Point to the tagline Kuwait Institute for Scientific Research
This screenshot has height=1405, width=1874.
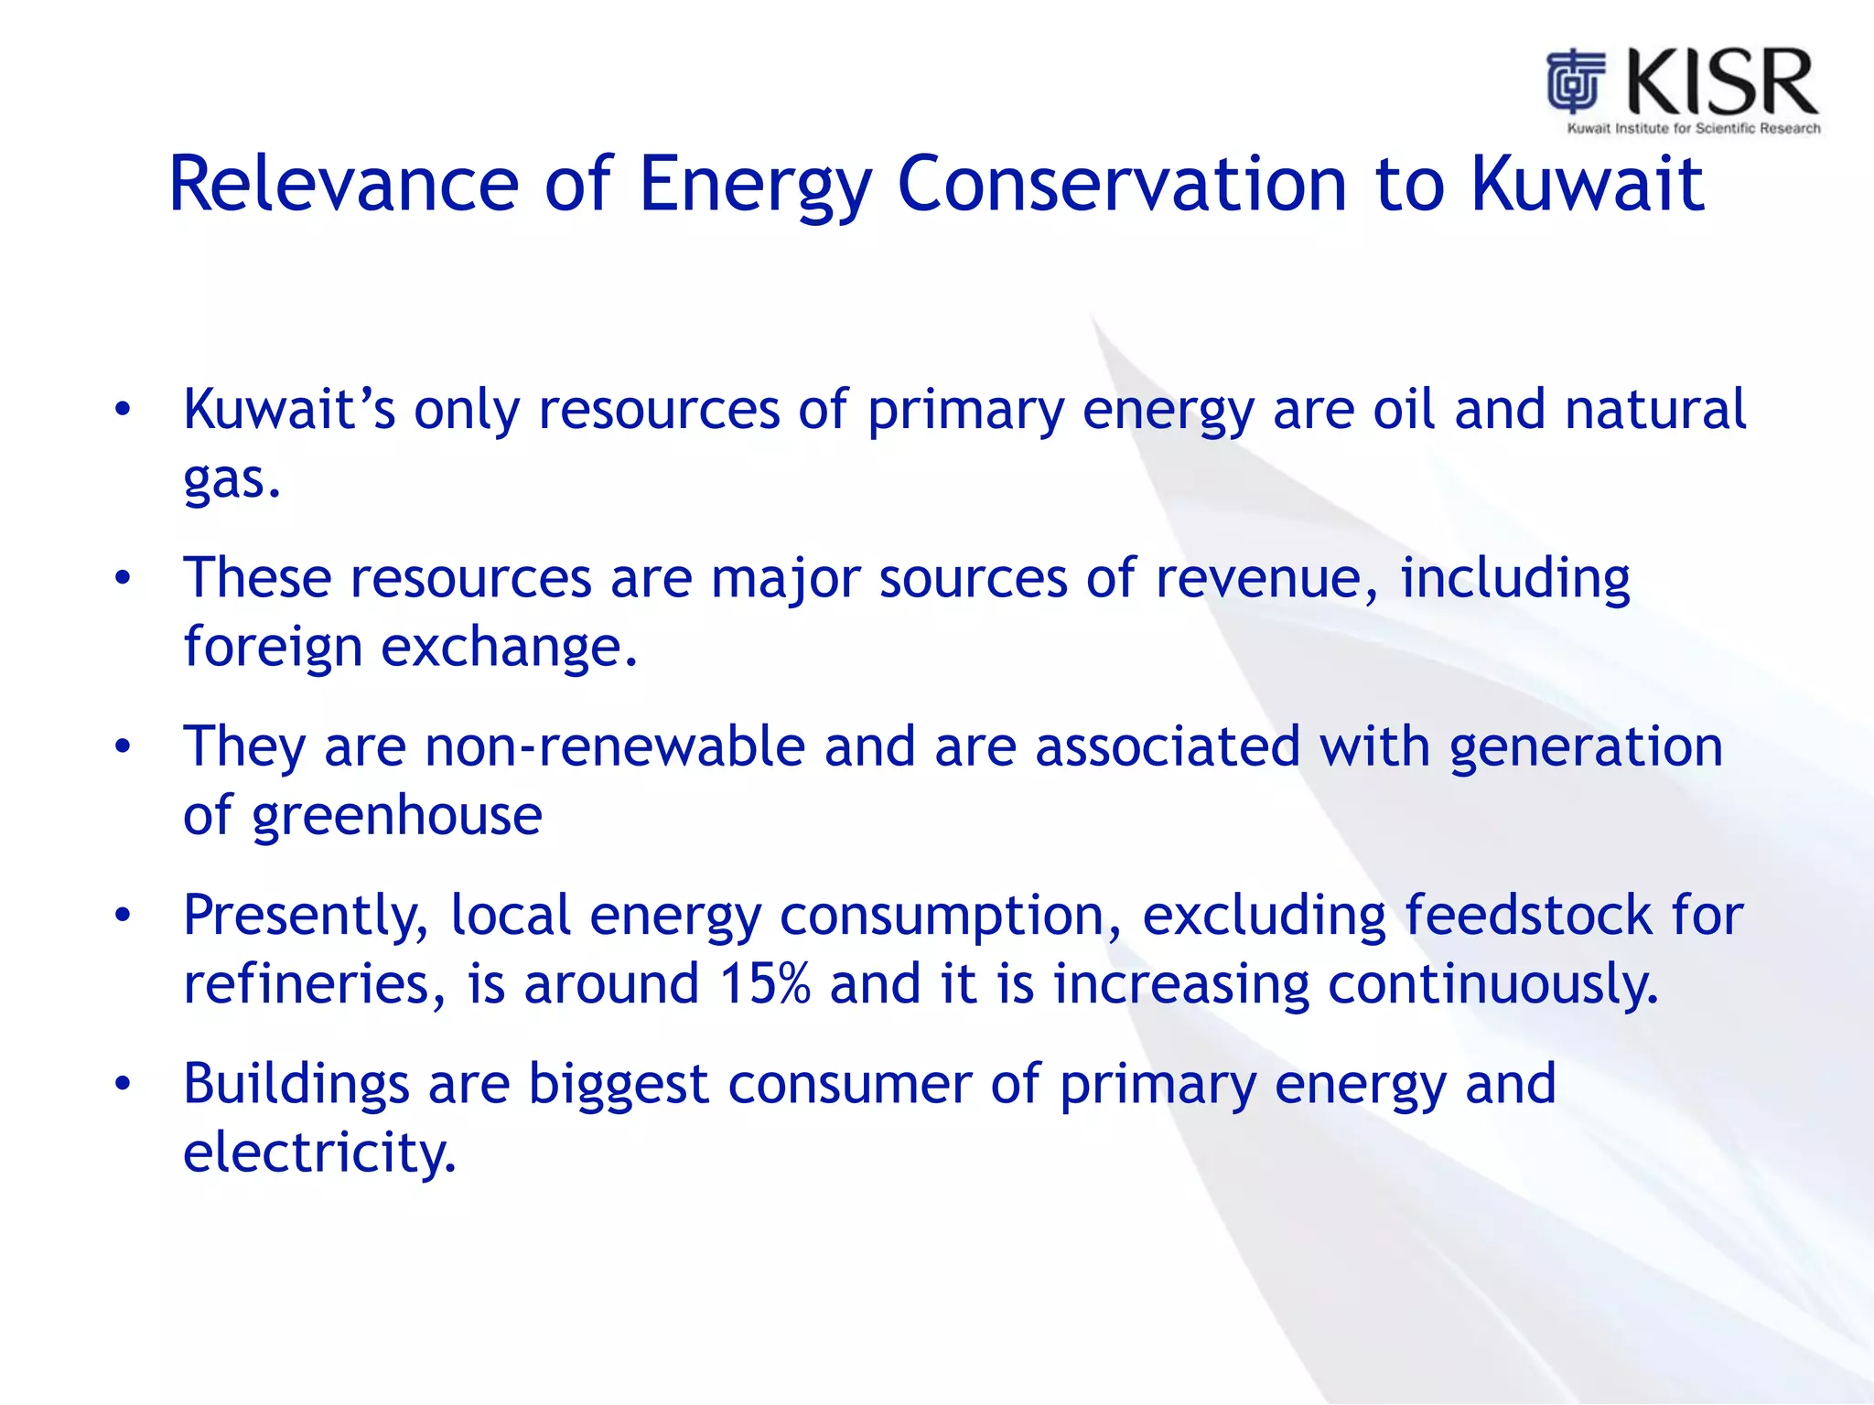point(1694,129)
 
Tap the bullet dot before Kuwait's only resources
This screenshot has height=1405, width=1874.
point(123,410)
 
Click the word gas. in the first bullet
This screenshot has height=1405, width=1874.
point(232,479)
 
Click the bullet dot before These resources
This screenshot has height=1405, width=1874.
point(123,579)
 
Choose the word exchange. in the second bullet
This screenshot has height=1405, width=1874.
point(509,648)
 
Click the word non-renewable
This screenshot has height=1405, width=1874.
point(614,747)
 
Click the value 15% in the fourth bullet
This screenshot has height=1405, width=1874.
point(765,984)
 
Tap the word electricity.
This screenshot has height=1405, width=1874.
point(319,1153)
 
